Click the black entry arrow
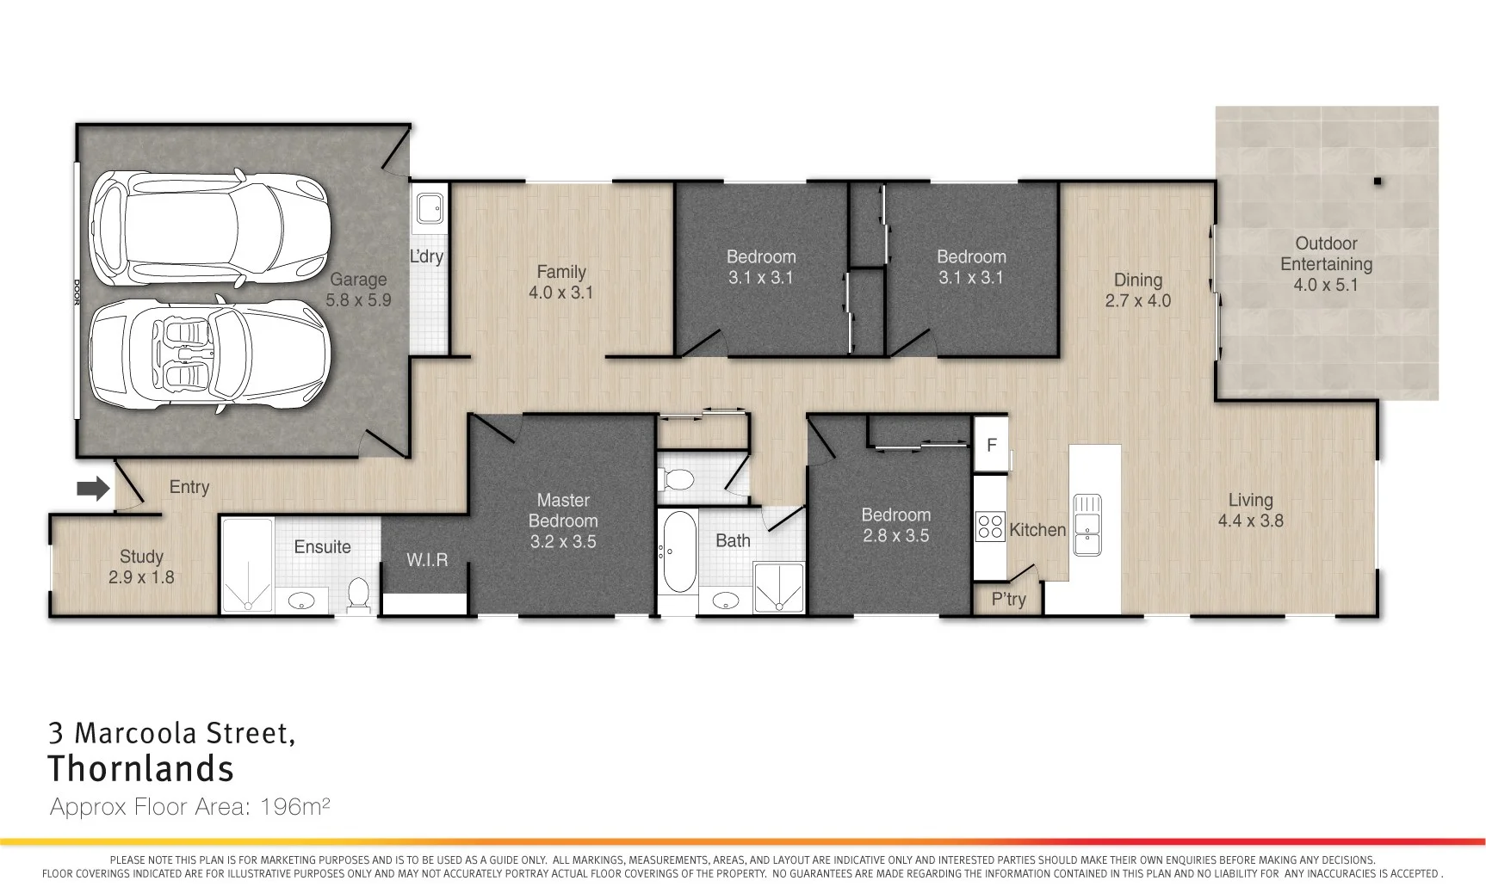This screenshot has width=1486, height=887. [93, 489]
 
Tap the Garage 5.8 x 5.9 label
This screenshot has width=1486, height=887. [358, 290]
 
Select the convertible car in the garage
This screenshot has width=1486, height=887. [210, 354]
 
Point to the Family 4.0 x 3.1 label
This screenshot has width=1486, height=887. [560, 282]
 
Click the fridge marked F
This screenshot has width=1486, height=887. [991, 445]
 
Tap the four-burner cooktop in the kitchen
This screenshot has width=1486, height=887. [990, 527]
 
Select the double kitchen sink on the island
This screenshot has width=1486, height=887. [1086, 524]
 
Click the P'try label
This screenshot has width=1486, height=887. [1008, 599]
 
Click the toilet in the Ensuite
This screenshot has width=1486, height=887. [358, 594]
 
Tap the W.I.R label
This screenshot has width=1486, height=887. [427, 560]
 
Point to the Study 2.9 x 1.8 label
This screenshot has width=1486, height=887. [141, 567]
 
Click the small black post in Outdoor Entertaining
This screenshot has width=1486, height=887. [1378, 182]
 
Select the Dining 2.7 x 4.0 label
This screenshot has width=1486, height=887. [1137, 290]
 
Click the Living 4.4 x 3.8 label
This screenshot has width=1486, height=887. [1250, 510]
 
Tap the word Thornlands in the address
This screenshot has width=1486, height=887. [140, 768]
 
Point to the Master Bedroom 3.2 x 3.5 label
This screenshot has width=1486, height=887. [563, 520]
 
